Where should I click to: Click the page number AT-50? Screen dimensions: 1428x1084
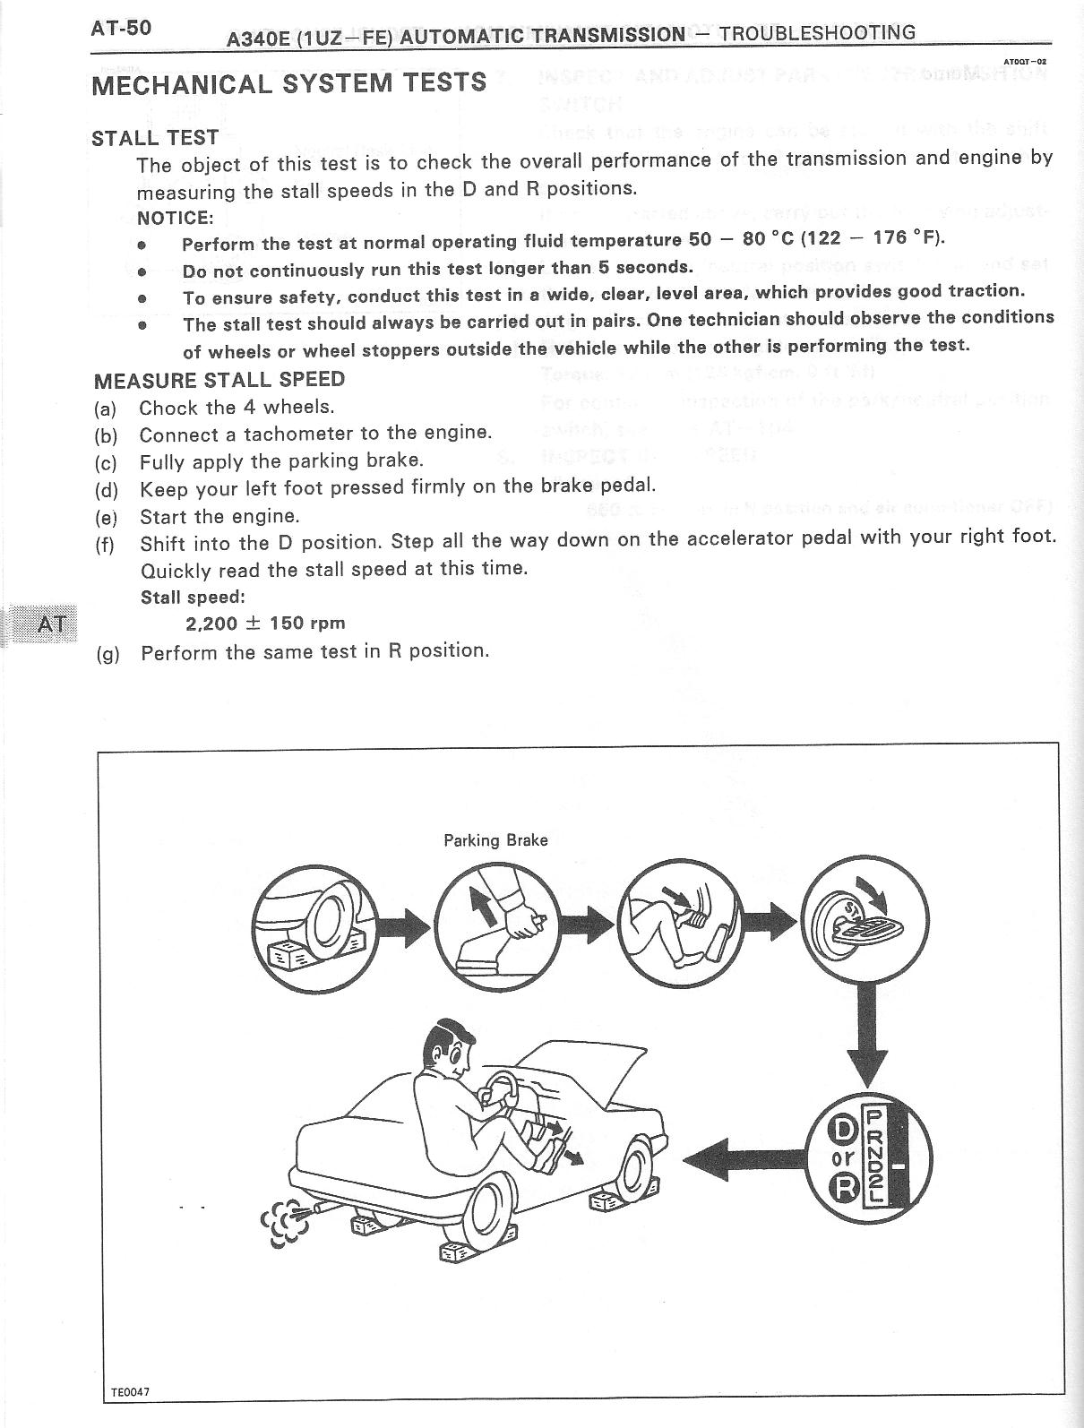coord(121,28)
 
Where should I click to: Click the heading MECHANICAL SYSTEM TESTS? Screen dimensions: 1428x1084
coord(288,83)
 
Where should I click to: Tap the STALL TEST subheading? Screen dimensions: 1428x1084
coord(155,137)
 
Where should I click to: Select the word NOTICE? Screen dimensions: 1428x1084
coord(175,218)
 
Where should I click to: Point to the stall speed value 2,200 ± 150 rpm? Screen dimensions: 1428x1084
coord(264,623)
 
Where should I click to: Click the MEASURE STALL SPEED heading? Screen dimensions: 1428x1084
coord(219,379)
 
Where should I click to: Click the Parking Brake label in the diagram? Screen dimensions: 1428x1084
coord(495,840)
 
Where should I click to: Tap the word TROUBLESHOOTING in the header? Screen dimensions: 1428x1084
coord(817,33)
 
